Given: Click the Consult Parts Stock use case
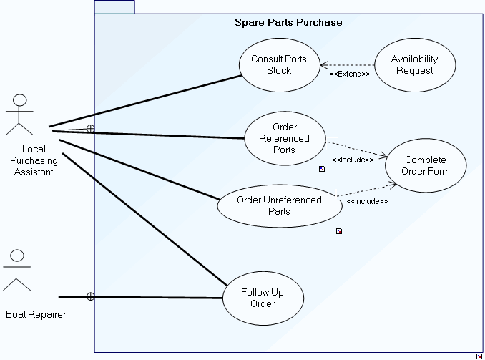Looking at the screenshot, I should [279, 64].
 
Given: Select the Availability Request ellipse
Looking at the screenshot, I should [414, 64].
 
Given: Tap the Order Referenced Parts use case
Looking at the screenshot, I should [285, 139].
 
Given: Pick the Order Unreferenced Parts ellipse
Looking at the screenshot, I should [279, 205].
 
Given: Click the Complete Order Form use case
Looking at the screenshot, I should [426, 165].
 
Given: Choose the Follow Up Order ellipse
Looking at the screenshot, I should [263, 297].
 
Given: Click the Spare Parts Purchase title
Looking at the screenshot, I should [288, 22].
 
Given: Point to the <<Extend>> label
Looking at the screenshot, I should [350, 74].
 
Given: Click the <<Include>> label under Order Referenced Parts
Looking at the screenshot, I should [353, 160].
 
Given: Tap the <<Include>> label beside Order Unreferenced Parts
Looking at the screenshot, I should [367, 201].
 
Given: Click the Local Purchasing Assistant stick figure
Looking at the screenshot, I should [20, 115].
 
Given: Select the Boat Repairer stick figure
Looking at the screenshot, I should [17, 270].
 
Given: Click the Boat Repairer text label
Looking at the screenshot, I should [36, 314].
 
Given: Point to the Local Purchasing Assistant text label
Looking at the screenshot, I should [34, 160].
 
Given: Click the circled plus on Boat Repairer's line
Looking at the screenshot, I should [90, 296].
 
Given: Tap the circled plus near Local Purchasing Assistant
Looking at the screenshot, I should [90, 129].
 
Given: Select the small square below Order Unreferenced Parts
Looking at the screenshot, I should [339, 231].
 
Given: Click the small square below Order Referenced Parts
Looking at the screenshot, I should [322, 169].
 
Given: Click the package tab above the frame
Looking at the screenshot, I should [114, 7].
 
